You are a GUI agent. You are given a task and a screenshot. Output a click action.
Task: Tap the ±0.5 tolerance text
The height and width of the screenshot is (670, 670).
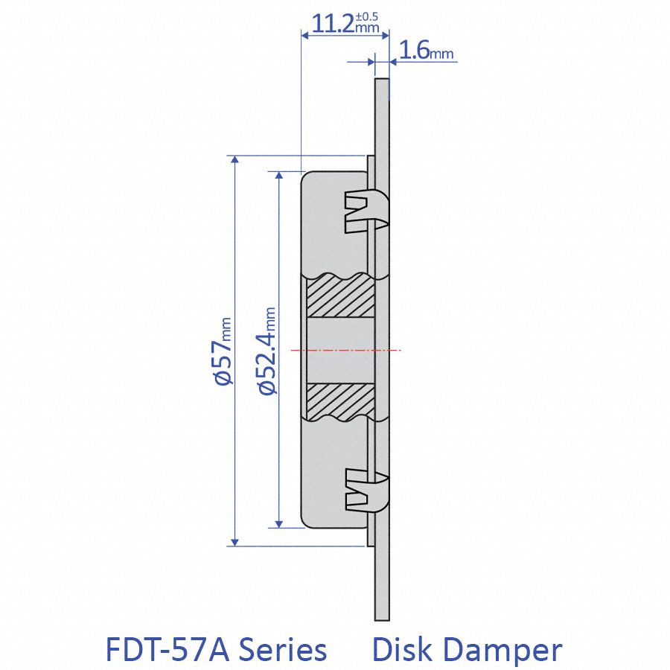(x=368, y=16)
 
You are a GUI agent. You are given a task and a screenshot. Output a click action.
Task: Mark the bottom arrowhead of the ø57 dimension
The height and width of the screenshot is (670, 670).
(x=234, y=541)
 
